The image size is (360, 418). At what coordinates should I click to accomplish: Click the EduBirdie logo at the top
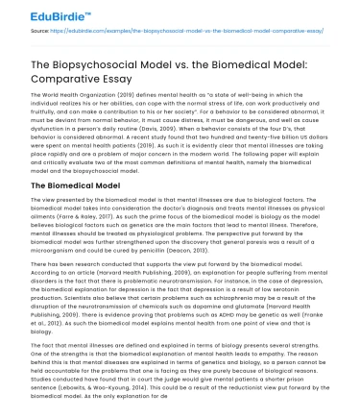coord(38,13)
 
